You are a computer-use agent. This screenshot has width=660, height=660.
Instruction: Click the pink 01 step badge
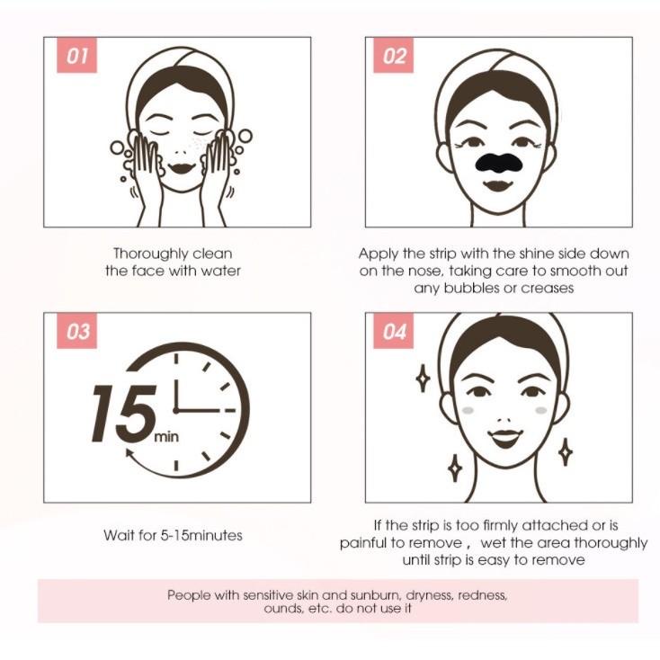[76, 55]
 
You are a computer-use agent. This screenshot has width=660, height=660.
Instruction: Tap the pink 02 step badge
[393, 55]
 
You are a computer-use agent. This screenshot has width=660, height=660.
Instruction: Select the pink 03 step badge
[76, 331]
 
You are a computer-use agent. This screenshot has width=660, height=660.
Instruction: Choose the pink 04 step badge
[393, 331]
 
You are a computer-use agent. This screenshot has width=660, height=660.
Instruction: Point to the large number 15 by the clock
[124, 414]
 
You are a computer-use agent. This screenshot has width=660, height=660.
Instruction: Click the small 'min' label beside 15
[166, 436]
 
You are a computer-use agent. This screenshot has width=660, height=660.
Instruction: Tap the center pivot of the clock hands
[176, 410]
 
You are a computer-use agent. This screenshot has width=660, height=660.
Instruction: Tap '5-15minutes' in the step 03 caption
[201, 535]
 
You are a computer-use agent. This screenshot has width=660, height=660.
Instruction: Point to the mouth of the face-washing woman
[182, 168]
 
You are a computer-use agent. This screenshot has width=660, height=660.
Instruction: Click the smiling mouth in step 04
[505, 438]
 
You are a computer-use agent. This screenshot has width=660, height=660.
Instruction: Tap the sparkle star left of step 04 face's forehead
[423, 378]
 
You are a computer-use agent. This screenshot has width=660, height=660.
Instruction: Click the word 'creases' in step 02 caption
[548, 289]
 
